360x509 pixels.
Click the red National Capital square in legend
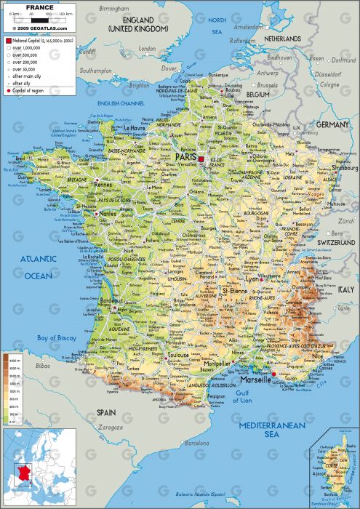tap(8, 41)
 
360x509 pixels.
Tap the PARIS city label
tap(187, 156)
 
